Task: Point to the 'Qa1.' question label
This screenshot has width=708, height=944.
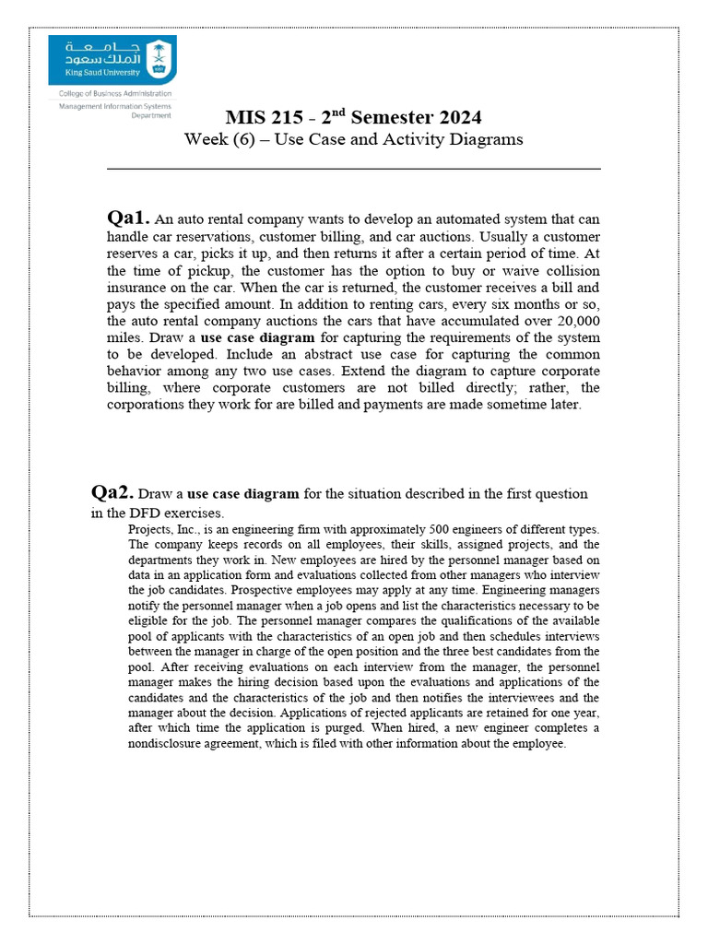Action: click(x=128, y=218)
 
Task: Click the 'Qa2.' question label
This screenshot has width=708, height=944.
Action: click(x=112, y=492)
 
